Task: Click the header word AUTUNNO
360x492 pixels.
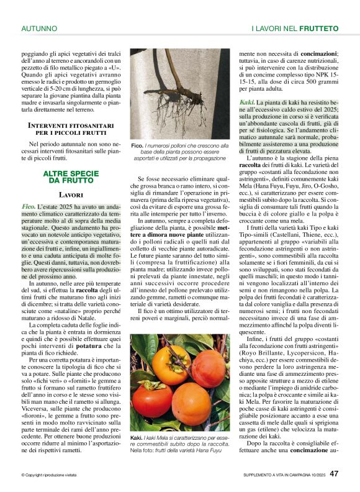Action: click(x=39, y=29)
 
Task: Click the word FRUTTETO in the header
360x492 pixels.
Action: click(x=318, y=29)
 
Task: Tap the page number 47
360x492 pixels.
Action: click(x=334, y=473)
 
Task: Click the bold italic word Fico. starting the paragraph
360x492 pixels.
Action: click(x=28, y=206)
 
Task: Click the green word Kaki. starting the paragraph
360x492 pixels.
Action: click(x=246, y=101)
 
